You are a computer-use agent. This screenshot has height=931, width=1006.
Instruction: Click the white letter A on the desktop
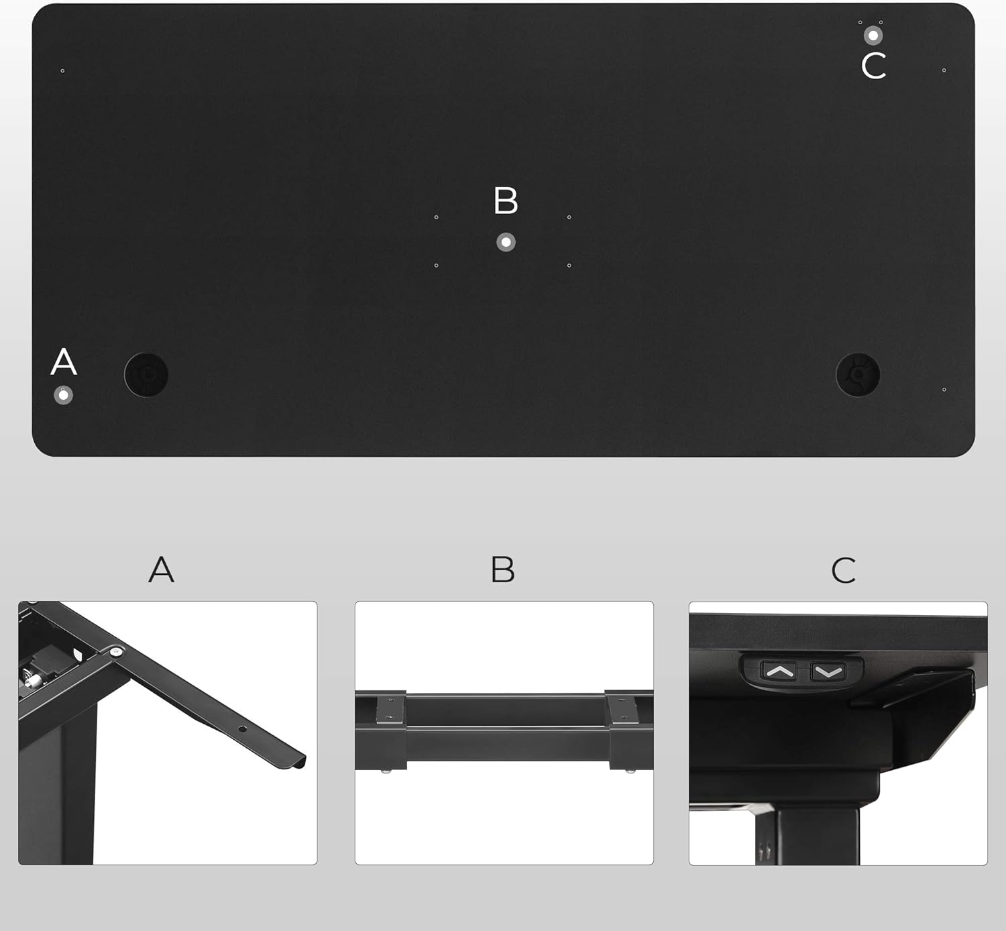pos(64,362)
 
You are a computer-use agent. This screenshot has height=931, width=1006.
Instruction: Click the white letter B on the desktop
pos(506,200)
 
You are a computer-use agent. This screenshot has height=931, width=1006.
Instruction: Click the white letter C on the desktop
pos(874,66)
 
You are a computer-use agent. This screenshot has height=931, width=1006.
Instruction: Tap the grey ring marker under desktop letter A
pos(63,395)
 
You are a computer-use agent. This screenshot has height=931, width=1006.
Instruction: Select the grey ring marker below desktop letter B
pos(506,242)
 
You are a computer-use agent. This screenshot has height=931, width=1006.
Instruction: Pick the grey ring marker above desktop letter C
pos(873,36)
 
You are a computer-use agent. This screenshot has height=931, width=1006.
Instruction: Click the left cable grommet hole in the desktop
pos(146,374)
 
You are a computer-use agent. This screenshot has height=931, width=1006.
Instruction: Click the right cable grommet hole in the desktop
pos(858,374)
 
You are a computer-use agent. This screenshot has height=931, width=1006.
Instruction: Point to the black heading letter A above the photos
pos(162,569)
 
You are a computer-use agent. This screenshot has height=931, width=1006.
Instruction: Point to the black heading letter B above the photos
pos(503,569)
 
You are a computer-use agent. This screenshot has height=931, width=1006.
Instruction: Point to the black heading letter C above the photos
pos(844,570)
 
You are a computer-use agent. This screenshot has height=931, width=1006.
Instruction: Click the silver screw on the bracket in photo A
pos(116,651)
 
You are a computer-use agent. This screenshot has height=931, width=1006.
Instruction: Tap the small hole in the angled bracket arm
pos(242,729)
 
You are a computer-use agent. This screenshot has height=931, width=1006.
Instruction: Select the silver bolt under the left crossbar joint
pos(386,771)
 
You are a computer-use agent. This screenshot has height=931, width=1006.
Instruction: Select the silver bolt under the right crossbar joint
pos(630,771)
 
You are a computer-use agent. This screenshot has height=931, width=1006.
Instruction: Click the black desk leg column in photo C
pos(807,836)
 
